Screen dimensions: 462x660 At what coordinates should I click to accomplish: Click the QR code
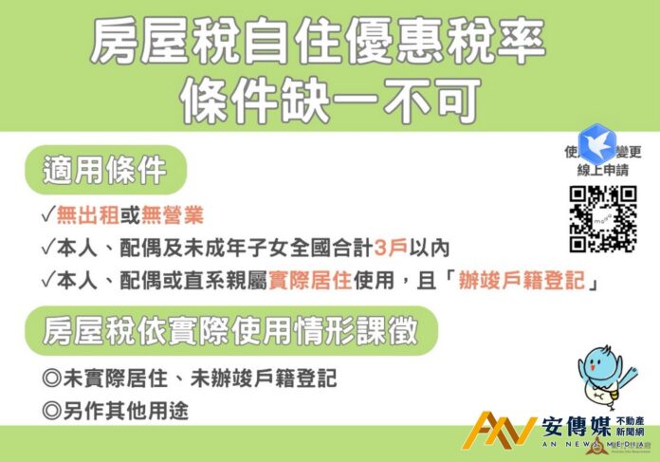tap(602, 218)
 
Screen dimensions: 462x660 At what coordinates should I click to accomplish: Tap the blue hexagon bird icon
tap(597, 142)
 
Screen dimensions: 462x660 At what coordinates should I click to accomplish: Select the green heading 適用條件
tap(104, 170)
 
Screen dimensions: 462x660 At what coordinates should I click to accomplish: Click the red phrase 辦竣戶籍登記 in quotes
tap(515, 280)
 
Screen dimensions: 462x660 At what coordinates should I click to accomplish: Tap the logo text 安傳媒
tap(576, 424)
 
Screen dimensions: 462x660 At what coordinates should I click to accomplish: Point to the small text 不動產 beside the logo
tap(631, 420)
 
